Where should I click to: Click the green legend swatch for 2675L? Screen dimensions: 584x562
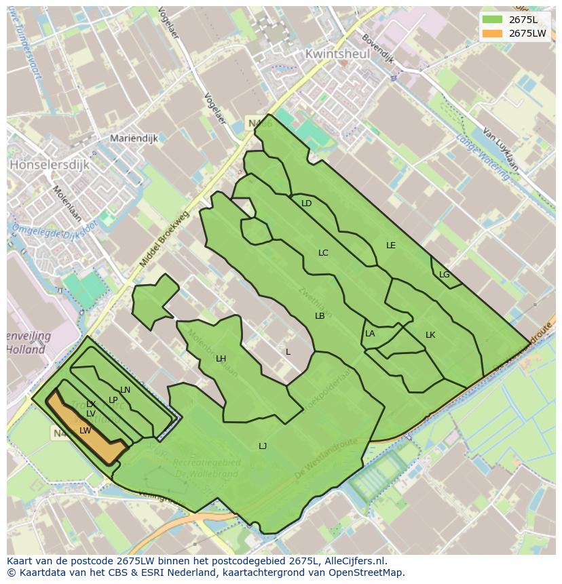click(493, 19)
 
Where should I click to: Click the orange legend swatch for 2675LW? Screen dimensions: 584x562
click(493, 33)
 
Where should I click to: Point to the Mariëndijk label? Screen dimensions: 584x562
click(134, 138)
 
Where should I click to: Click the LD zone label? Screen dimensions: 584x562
click(306, 203)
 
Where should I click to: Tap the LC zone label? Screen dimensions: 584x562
click(323, 253)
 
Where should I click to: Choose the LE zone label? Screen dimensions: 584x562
click(390, 246)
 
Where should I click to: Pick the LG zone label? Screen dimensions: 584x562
click(444, 275)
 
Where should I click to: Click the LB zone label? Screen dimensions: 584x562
click(320, 316)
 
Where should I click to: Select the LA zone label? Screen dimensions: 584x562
click(370, 334)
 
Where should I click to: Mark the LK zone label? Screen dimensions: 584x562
click(430, 335)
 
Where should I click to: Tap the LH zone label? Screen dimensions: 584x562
click(221, 359)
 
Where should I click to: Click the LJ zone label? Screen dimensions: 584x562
click(262, 446)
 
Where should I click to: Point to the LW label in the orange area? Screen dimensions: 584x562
click(85, 431)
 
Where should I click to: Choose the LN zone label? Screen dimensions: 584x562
click(125, 390)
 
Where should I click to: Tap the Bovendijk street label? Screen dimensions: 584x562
click(377, 48)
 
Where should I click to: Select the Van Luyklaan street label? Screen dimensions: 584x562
click(501, 149)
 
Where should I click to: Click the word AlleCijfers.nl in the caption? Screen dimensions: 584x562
click(354, 561)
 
